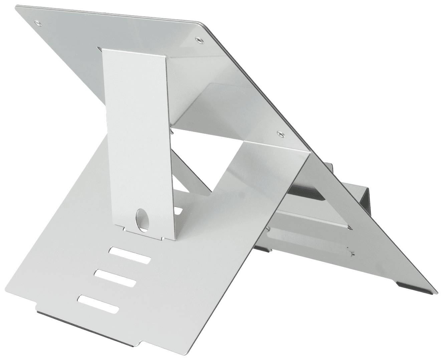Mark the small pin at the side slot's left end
(269, 229)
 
